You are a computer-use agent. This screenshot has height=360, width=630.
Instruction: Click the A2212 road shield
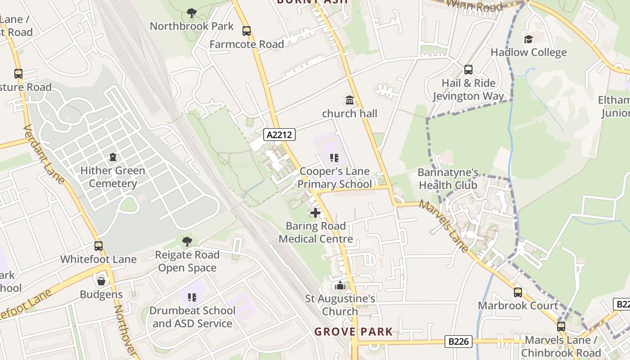click(279, 134)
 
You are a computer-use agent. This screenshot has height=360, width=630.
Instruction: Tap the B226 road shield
click(459, 341)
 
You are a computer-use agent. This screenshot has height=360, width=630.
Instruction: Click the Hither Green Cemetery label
click(112, 177)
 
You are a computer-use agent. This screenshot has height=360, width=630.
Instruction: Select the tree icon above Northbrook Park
click(192, 13)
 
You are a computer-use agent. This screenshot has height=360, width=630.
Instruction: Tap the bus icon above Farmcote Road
click(246, 31)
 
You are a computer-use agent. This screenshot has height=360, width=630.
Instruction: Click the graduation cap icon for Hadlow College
click(528, 39)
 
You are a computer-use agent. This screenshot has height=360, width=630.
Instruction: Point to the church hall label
click(349, 113)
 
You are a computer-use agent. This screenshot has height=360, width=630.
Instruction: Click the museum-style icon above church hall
click(349, 100)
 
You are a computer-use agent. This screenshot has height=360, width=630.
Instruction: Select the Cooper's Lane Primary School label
click(334, 178)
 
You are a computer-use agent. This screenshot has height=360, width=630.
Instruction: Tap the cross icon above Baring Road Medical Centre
click(315, 212)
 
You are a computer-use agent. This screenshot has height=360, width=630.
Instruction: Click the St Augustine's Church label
click(340, 305)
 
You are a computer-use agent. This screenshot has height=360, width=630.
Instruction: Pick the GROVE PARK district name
click(353, 332)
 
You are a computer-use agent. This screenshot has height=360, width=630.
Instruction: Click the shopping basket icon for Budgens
click(101, 281)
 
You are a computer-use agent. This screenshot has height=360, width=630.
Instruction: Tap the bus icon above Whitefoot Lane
click(99, 246)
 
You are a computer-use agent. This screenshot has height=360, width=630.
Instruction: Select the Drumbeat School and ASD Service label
click(192, 317)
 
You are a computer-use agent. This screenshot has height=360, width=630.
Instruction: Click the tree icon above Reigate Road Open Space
click(187, 242)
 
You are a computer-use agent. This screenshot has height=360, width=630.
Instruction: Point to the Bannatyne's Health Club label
click(448, 179)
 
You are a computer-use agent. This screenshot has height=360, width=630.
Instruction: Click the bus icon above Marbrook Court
click(518, 292)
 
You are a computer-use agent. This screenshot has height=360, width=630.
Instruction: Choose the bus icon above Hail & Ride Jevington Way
click(468, 70)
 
